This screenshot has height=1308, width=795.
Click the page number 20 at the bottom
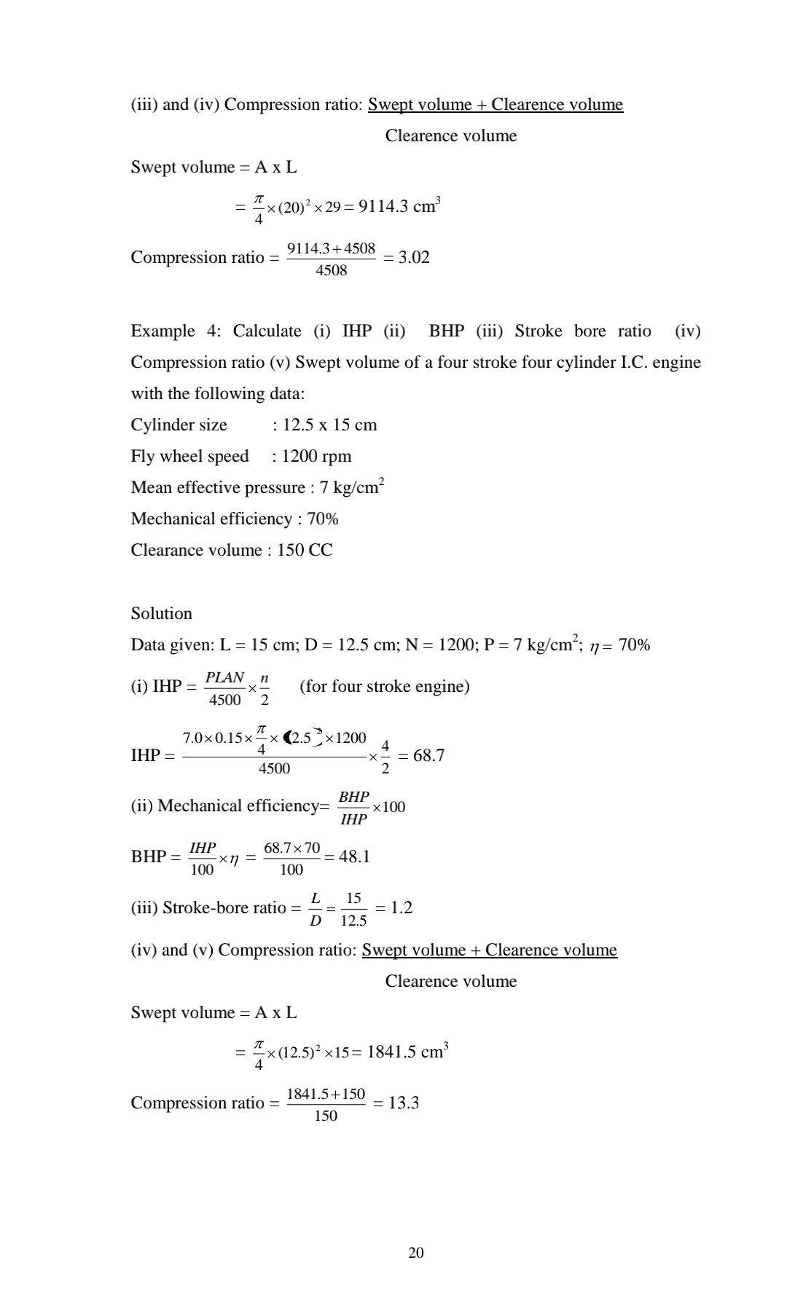416,1252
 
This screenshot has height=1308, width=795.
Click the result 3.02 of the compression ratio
414,257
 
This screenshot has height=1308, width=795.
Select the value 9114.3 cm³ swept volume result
399,206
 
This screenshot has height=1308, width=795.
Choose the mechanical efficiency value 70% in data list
323,519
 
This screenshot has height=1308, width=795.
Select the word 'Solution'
161,613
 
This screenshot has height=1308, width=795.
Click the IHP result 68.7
428,755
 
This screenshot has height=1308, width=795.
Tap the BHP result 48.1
354,856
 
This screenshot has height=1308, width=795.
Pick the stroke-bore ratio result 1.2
402,907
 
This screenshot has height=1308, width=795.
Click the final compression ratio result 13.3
404,1103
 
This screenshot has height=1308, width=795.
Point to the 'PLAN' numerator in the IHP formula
224,677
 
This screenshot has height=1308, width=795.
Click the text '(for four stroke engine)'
384,686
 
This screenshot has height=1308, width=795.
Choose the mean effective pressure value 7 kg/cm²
352,487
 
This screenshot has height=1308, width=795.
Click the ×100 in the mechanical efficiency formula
388,806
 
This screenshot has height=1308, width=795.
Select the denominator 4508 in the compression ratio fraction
331,271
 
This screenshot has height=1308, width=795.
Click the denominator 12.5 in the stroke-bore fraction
353,921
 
